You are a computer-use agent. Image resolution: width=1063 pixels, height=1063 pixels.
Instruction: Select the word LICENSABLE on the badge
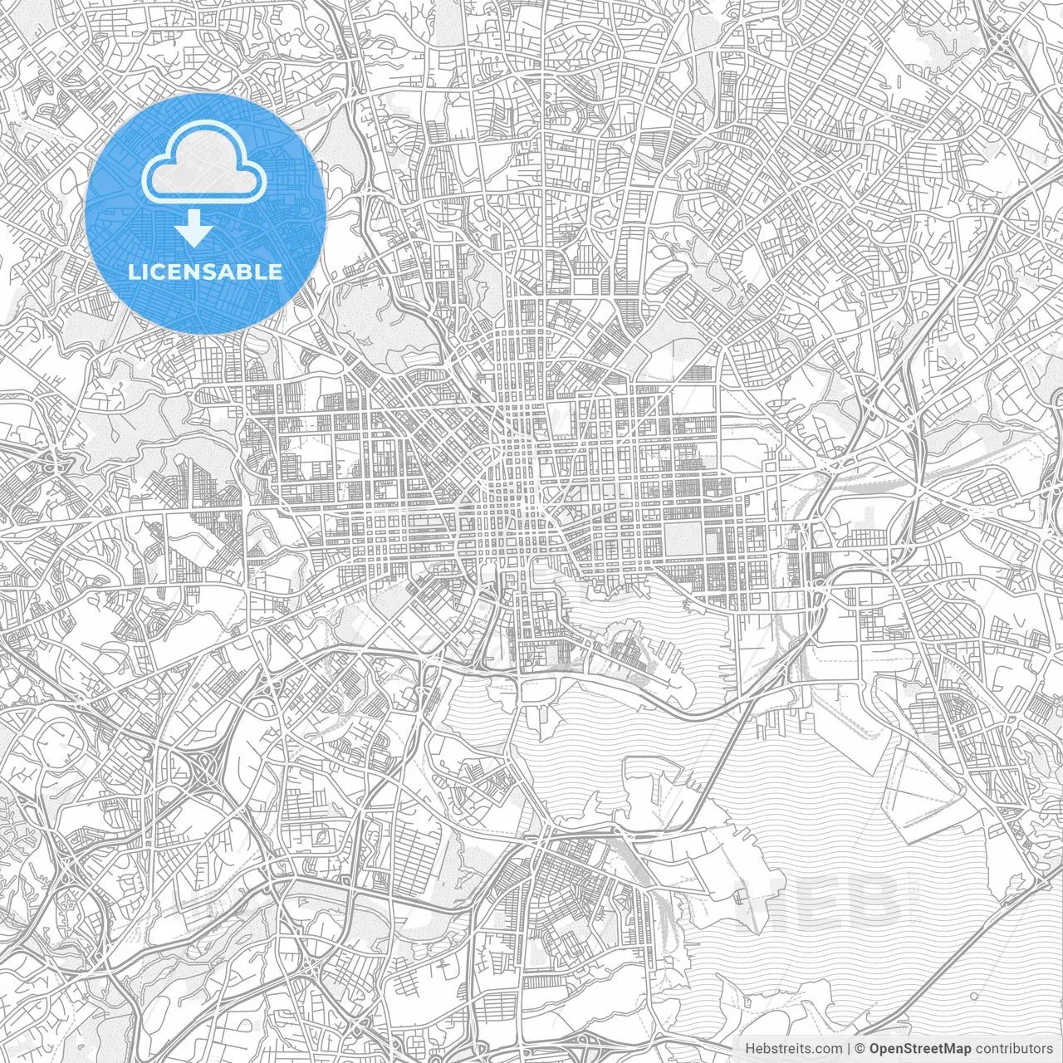click(x=205, y=272)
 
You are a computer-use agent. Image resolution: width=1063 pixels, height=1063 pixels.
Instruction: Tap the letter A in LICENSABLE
click(x=225, y=272)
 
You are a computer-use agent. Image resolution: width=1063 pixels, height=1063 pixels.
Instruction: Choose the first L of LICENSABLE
click(x=134, y=272)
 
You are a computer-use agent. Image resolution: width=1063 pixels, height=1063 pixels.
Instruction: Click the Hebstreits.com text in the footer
click(x=794, y=1048)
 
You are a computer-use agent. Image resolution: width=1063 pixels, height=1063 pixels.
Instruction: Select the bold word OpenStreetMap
click(x=920, y=1048)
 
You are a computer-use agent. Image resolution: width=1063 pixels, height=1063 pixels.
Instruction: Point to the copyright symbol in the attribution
click(x=861, y=1048)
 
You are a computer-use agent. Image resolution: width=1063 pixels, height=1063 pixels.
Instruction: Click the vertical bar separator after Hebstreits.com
click(x=849, y=1048)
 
